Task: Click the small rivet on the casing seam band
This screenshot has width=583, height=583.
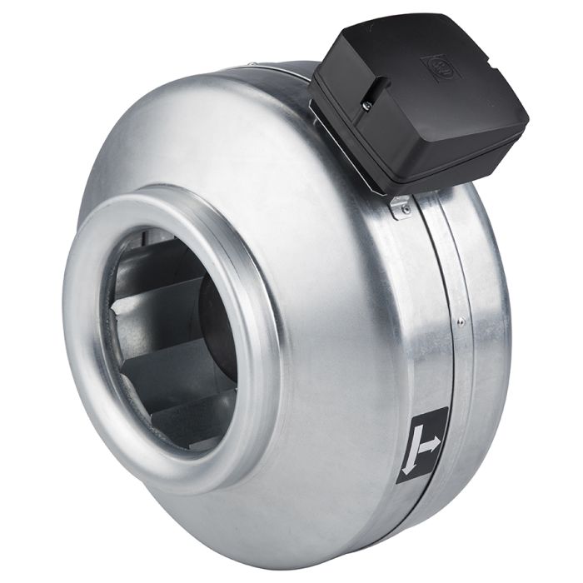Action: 460,318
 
